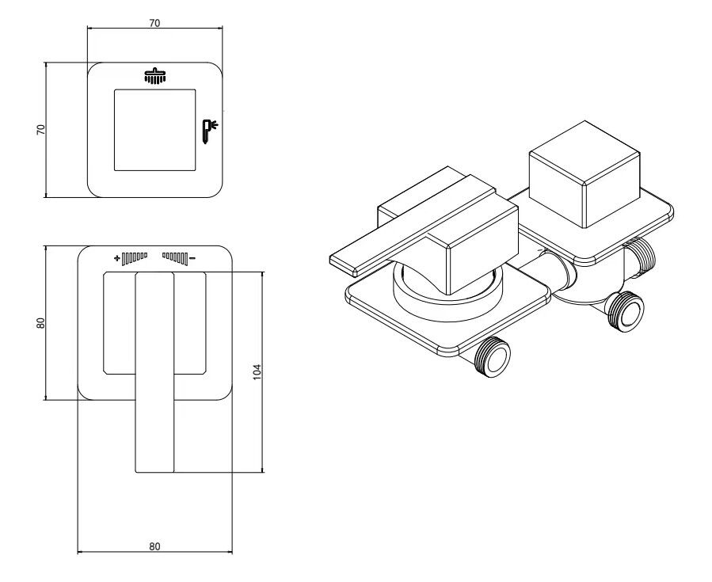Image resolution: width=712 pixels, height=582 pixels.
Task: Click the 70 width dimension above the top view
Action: coord(154,24)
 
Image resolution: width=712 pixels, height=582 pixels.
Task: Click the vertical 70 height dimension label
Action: coord(40,131)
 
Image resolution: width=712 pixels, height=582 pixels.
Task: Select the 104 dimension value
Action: coord(256,371)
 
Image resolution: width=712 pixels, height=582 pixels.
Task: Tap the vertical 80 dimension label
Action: coord(40,322)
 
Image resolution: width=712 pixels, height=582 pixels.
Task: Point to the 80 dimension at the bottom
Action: coord(154,546)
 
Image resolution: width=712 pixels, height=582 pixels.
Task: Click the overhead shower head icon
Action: coord(154,76)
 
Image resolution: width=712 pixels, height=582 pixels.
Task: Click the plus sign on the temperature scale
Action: coord(116,257)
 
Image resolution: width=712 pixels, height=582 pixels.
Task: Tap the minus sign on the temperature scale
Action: coord(192,257)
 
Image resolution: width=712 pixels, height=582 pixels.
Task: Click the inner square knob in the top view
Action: coord(155,129)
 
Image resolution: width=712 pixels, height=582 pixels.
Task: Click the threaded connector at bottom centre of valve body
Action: coord(625,310)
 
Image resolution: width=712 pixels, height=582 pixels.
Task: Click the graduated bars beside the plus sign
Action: coord(135,257)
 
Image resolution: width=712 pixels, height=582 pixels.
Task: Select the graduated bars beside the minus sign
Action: coord(175,257)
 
